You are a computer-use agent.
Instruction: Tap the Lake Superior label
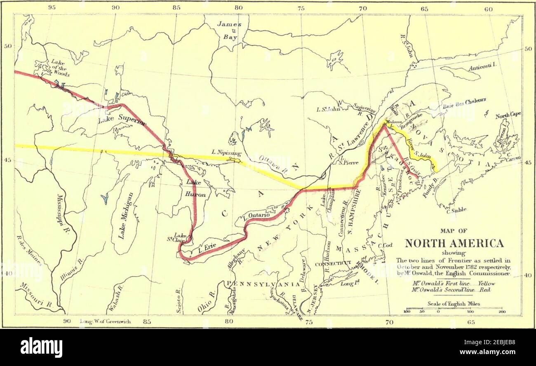click(122, 119)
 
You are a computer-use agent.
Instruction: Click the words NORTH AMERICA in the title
click(454, 243)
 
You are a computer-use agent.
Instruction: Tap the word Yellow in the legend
click(486, 284)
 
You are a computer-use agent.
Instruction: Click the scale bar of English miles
click(454, 309)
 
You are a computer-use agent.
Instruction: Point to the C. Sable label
click(456, 210)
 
